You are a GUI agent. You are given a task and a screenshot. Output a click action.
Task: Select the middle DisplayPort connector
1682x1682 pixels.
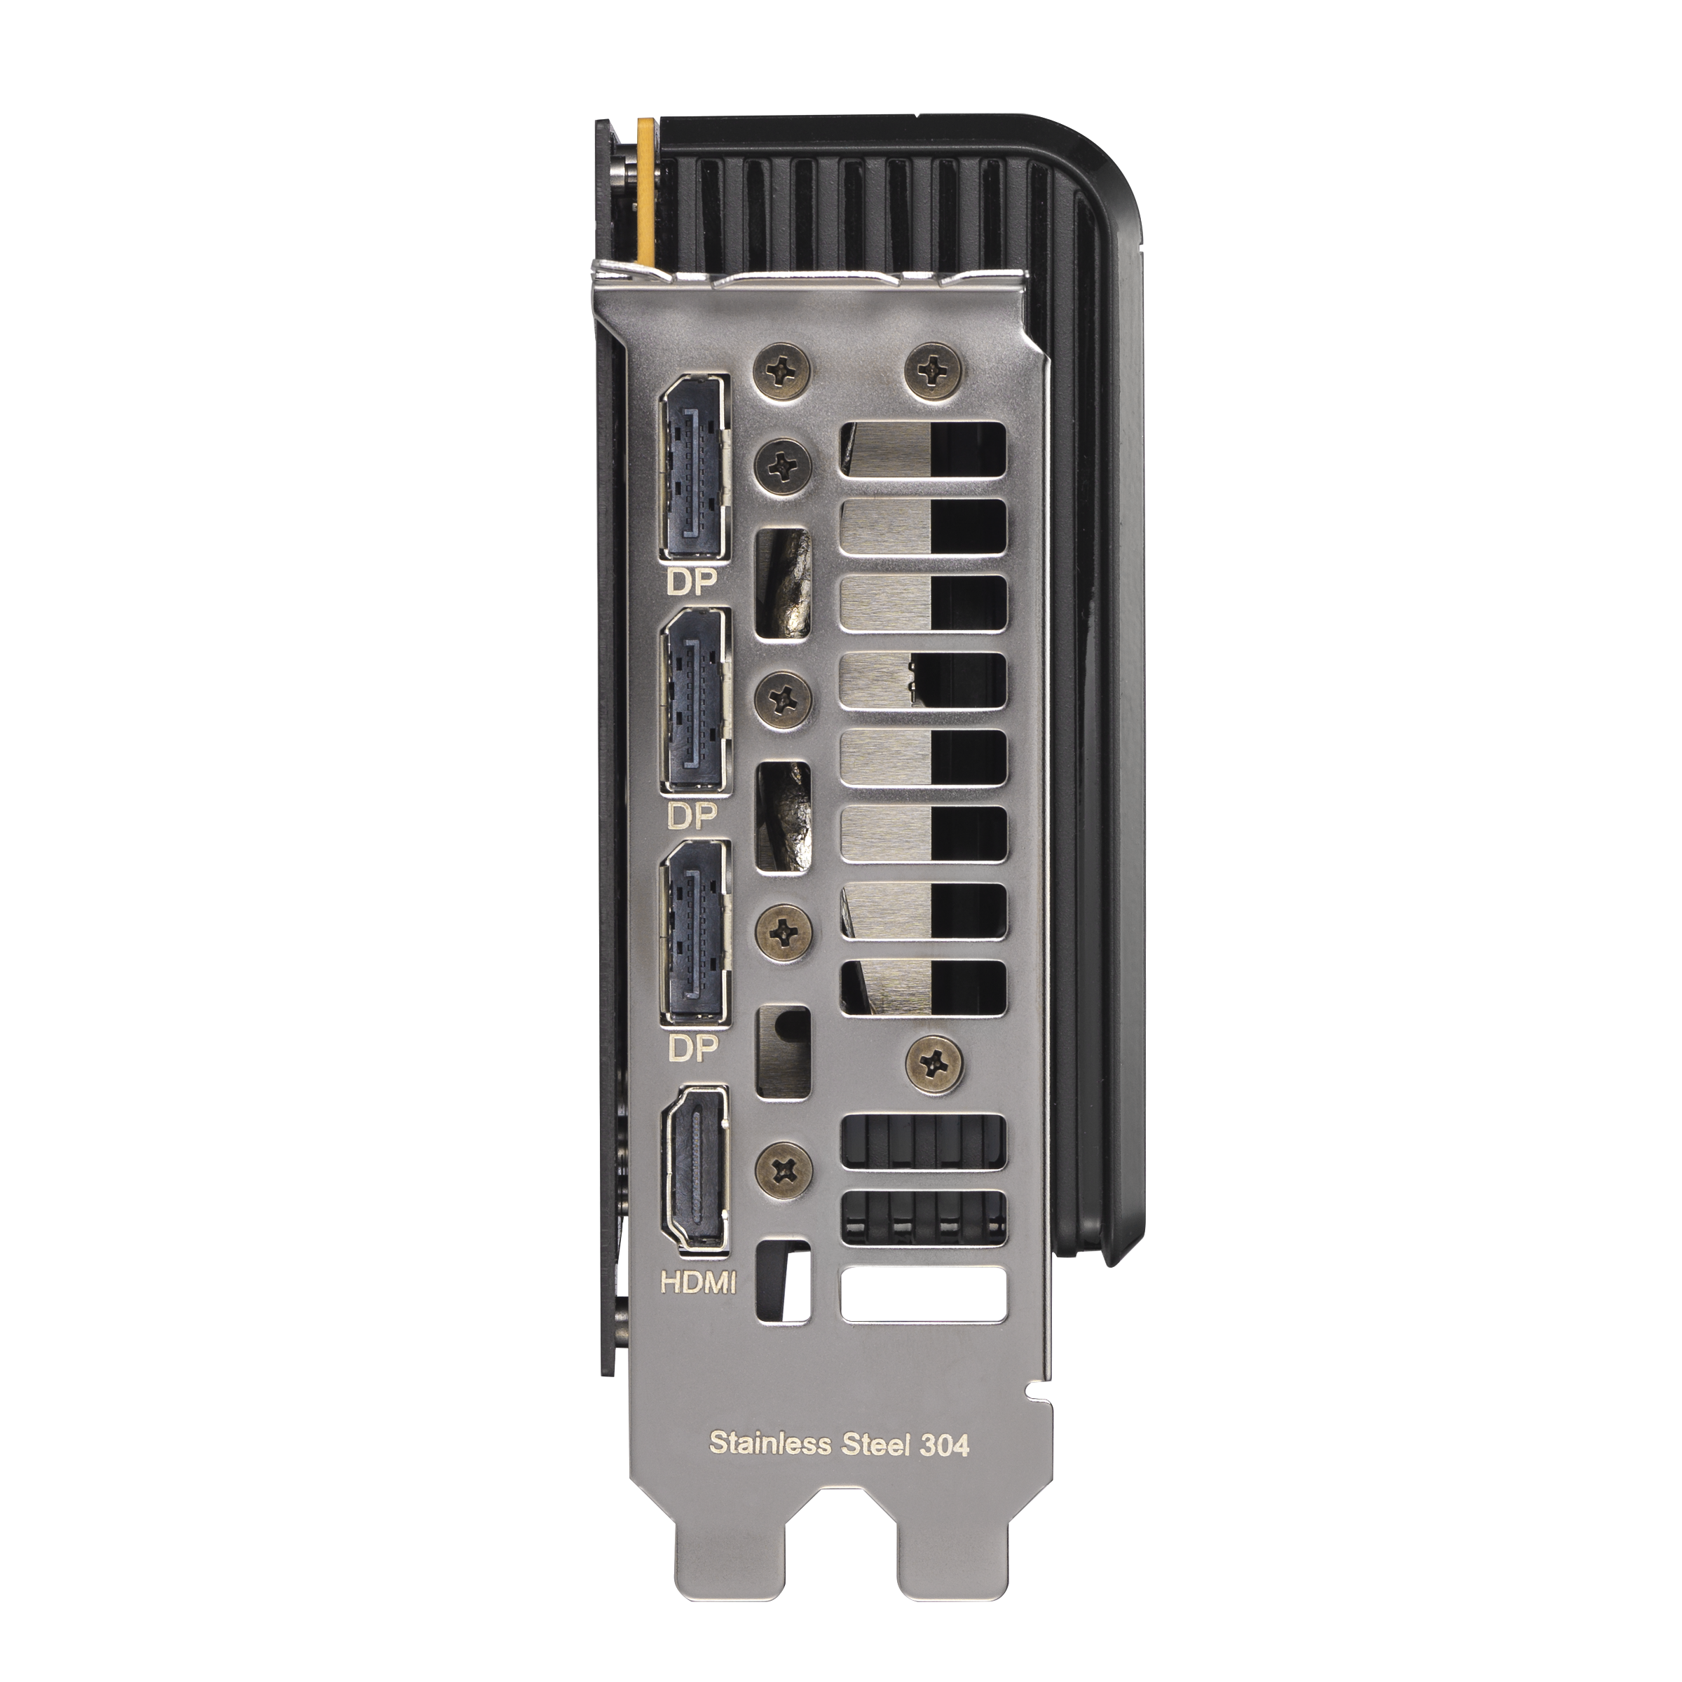point(695,702)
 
